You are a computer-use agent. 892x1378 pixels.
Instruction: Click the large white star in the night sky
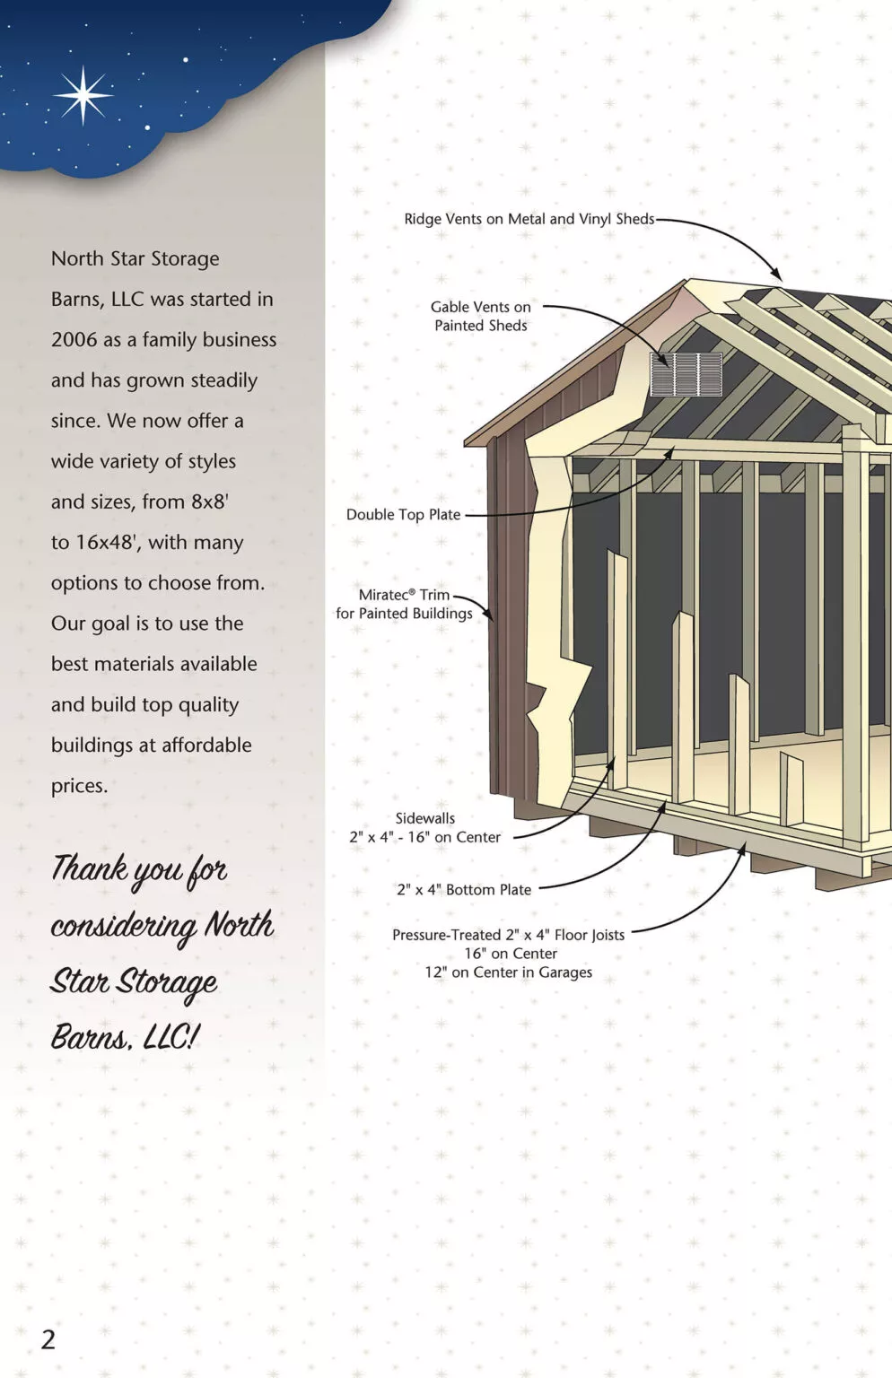click(x=83, y=95)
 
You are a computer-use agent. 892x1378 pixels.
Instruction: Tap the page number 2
click(x=48, y=1339)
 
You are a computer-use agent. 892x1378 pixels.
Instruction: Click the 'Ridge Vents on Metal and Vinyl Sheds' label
click(x=529, y=219)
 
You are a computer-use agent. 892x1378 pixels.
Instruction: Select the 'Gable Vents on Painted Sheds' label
click(x=480, y=316)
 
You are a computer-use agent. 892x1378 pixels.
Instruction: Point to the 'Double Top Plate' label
click(x=404, y=514)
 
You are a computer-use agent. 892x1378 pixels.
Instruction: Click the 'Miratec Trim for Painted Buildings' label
click(x=404, y=604)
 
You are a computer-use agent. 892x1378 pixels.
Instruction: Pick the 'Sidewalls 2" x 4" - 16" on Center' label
click(x=425, y=827)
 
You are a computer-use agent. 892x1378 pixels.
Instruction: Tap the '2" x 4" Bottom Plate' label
click(x=464, y=890)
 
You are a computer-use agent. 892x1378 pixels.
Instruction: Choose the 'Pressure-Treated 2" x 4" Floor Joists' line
click(x=508, y=935)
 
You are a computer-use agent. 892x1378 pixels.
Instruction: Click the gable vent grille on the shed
click(x=686, y=374)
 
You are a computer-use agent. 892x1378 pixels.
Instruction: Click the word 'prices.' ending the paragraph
click(x=79, y=786)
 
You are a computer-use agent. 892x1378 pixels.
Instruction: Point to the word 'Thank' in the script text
click(x=89, y=868)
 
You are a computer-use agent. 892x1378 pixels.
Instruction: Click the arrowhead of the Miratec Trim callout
click(x=488, y=615)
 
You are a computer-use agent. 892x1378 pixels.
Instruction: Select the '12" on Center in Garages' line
click(x=508, y=972)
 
